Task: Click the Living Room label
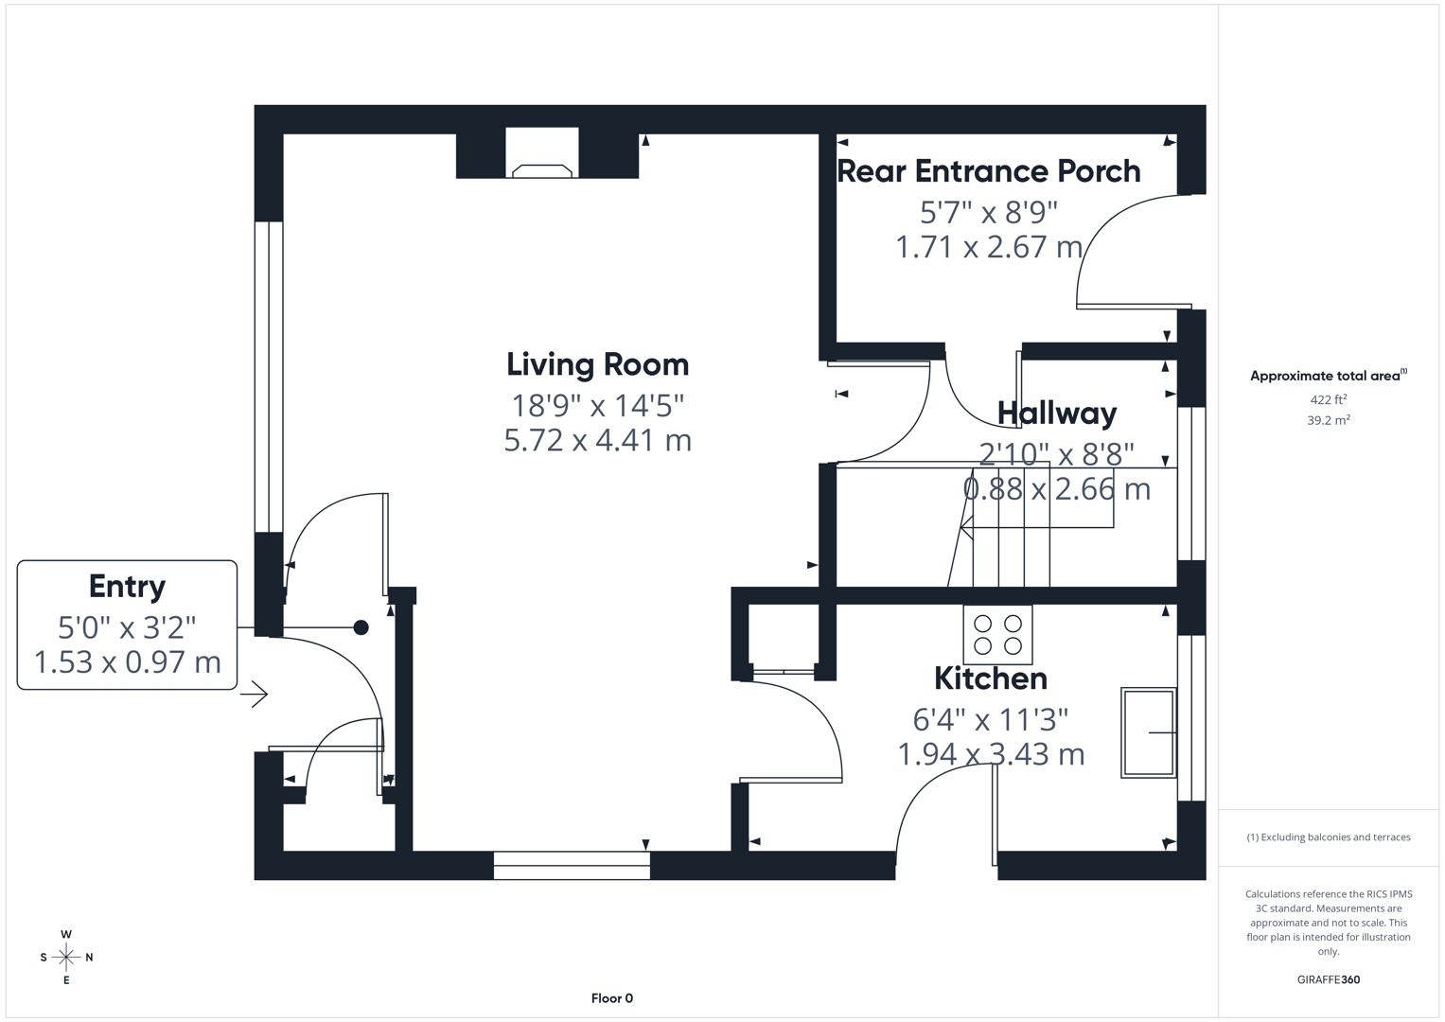(x=597, y=364)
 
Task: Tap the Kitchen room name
(x=990, y=678)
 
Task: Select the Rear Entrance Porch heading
(x=988, y=171)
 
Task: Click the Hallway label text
(x=1056, y=414)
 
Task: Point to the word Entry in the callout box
(x=127, y=587)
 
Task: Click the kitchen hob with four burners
(x=997, y=635)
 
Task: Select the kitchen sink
(x=1148, y=732)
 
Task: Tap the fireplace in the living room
(x=542, y=157)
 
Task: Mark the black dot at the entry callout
(x=361, y=627)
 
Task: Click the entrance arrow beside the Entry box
(x=255, y=695)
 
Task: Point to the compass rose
(x=66, y=958)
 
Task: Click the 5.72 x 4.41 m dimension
(x=597, y=440)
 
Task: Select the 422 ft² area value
(x=1328, y=400)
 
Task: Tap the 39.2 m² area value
(x=1328, y=420)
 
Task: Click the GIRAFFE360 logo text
(x=1328, y=979)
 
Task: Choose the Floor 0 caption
(x=611, y=998)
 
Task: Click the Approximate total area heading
(x=1327, y=376)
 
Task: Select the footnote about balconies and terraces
(x=1328, y=837)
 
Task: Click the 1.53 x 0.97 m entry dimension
(x=127, y=662)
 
